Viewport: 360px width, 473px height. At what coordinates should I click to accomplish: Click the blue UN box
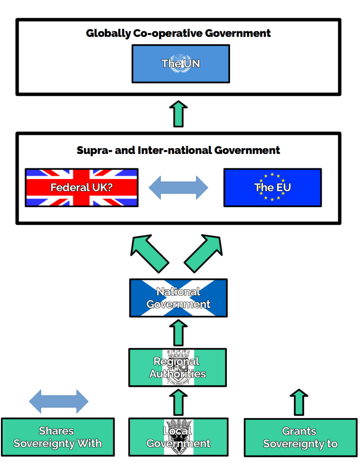[181, 63]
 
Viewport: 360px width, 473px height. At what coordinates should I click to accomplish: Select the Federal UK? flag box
[81, 187]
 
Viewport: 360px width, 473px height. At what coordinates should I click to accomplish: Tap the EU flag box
[272, 187]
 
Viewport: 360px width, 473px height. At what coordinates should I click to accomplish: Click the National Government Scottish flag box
[178, 298]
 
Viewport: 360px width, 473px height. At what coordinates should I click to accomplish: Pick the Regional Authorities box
[177, 367]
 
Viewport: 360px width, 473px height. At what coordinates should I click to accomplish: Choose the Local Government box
[178, 437]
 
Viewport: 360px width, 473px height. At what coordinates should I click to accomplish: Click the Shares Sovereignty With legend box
[58, 437]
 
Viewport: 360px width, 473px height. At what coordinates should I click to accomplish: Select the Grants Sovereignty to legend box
[300, 437]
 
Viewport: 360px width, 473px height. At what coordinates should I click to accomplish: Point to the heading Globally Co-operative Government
[178, 33]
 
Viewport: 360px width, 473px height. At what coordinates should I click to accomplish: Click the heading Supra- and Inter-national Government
[178, 150]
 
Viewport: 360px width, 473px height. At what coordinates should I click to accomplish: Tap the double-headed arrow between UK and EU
[178, 187]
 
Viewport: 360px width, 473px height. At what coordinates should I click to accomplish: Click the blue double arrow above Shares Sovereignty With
[59, 402]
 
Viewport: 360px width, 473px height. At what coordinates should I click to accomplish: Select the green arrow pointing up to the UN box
[178, 113]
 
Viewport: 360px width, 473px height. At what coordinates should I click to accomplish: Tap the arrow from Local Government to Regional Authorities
[178, 402]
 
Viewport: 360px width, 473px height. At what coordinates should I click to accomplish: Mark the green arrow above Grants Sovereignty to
[299, 402]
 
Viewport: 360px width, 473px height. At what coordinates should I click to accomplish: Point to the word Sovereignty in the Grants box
[288, 444]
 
